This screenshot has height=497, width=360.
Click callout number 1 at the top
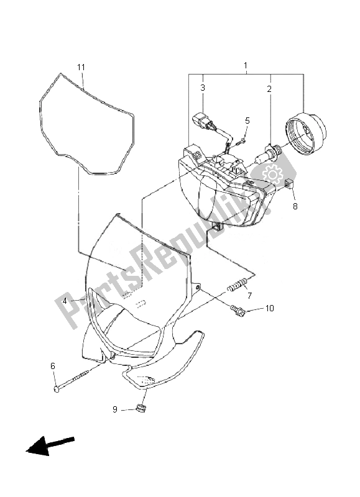pos(246,66)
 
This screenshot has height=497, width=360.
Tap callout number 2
pos(269,89)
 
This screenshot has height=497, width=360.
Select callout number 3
pos(203,88)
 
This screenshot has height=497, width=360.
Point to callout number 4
pos(65,301)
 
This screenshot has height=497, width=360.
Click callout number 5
pos(247,121)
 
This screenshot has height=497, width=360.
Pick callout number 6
pos(53,366)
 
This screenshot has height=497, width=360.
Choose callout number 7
pos(249,296)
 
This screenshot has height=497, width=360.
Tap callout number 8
pos(295,206)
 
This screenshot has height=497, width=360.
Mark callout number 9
pos(115,409)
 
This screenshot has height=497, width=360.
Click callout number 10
pos(269,308)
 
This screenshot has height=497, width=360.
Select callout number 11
pos(81,67)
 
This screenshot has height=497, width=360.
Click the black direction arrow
pos(50,445)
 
